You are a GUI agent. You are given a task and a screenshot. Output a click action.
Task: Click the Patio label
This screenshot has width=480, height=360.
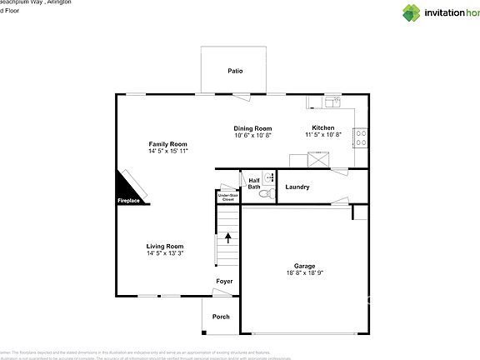point(236,72)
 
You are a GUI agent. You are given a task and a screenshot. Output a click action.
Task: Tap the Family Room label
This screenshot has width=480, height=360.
point(168,144)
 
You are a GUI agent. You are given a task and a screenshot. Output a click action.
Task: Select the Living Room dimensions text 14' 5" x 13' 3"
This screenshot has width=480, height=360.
point(165,253)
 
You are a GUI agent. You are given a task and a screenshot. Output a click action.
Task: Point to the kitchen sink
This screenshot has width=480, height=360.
point(332,102)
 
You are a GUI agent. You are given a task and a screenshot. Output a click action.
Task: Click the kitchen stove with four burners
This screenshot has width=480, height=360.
point(362,137)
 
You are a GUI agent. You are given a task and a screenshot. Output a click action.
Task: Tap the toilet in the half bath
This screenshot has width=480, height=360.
point(266,194)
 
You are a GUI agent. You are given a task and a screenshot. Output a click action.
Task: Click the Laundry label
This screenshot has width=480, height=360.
point(297,187)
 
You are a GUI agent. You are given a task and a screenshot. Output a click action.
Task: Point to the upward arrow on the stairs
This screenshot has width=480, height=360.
point(228,238)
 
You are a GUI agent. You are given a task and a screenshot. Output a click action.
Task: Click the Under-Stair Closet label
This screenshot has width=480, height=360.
point(227,197)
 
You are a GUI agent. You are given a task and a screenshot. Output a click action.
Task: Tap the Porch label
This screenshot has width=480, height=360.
point(221,317)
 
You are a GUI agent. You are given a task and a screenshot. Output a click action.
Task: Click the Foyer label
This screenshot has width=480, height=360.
point(224,282)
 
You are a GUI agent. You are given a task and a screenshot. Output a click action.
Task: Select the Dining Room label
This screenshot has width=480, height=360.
point(252,128)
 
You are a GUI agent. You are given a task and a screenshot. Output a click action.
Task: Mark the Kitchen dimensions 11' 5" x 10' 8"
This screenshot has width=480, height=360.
point(323,134)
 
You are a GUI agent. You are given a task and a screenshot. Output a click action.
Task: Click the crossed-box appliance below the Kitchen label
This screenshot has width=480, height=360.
point(317,159)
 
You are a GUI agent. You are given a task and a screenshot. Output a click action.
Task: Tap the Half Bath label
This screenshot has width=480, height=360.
point(253,183)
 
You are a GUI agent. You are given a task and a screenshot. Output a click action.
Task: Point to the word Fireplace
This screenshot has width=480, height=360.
point(128,201)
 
